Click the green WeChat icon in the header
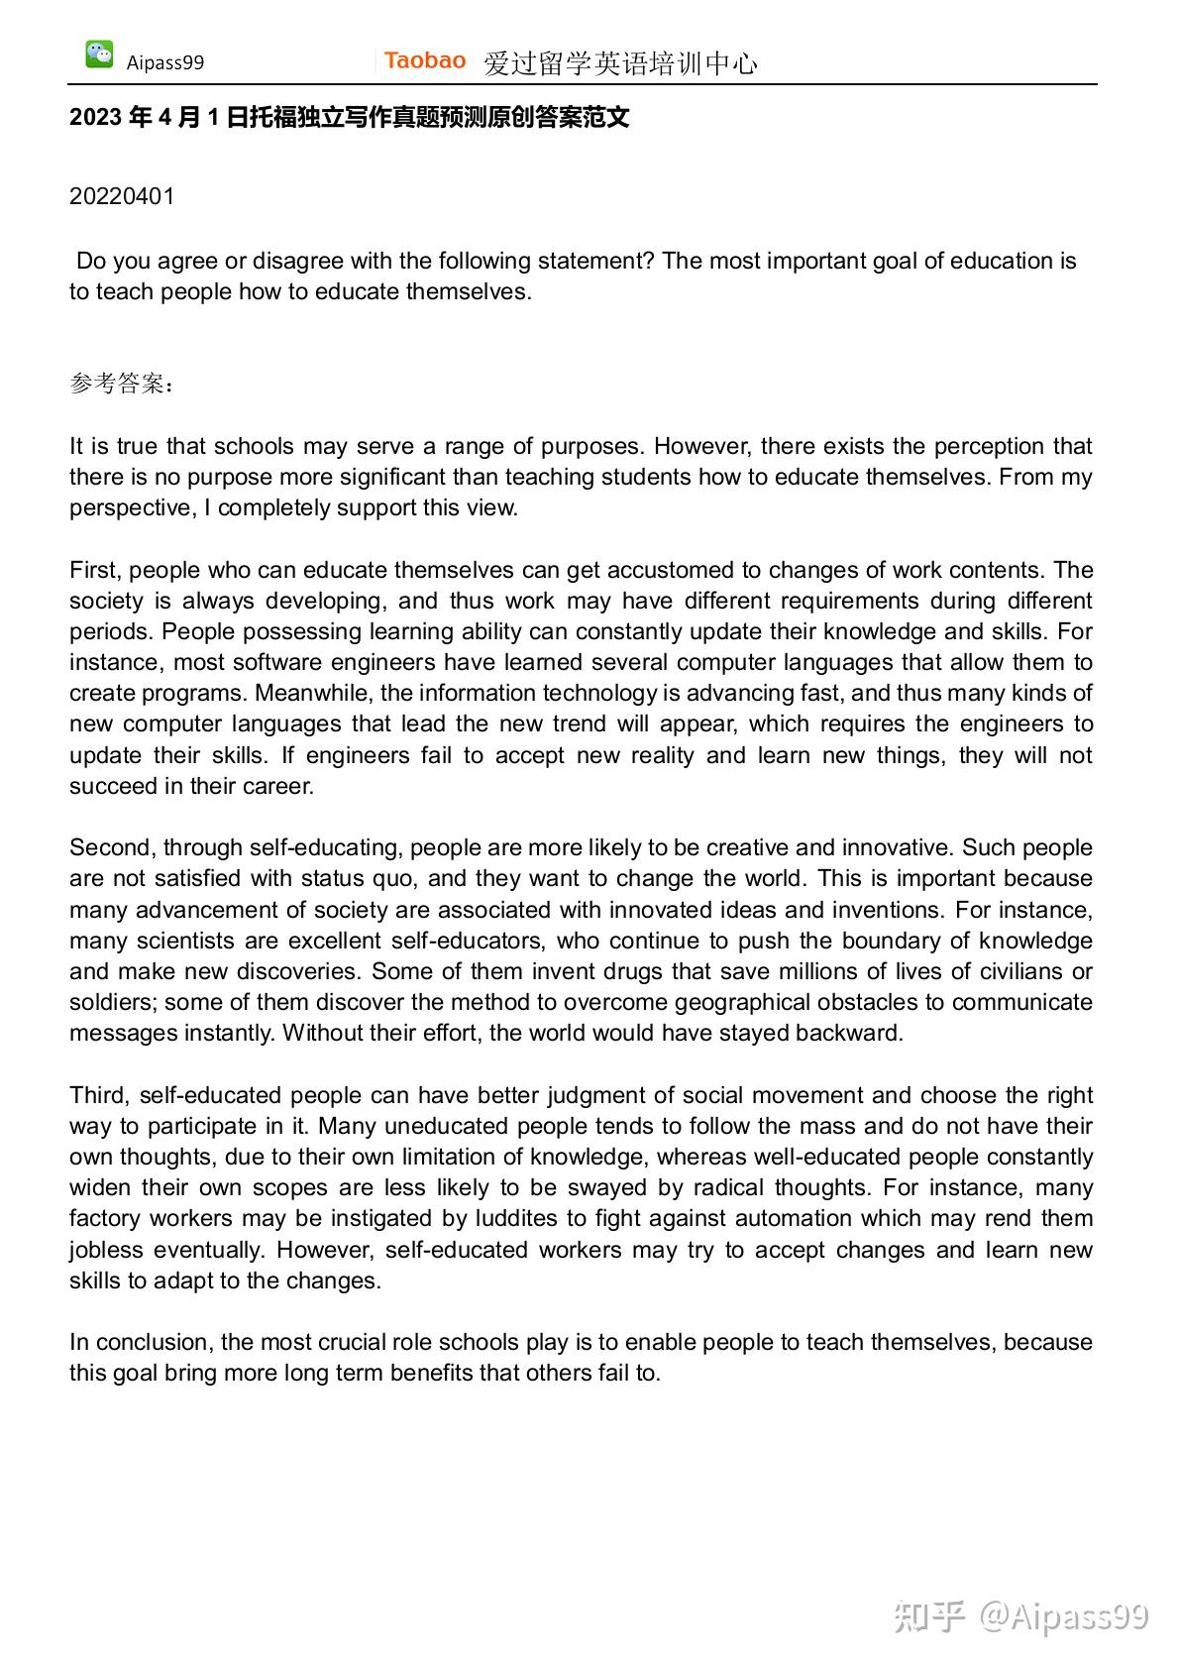click(x=99, y=55)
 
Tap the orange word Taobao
click(x=425, y=60)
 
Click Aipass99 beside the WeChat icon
click(x=165, y=62)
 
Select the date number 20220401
click(x=122, y=196)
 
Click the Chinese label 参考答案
click(x=117, y=384)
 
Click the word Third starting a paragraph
click(x=98, y=1095)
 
